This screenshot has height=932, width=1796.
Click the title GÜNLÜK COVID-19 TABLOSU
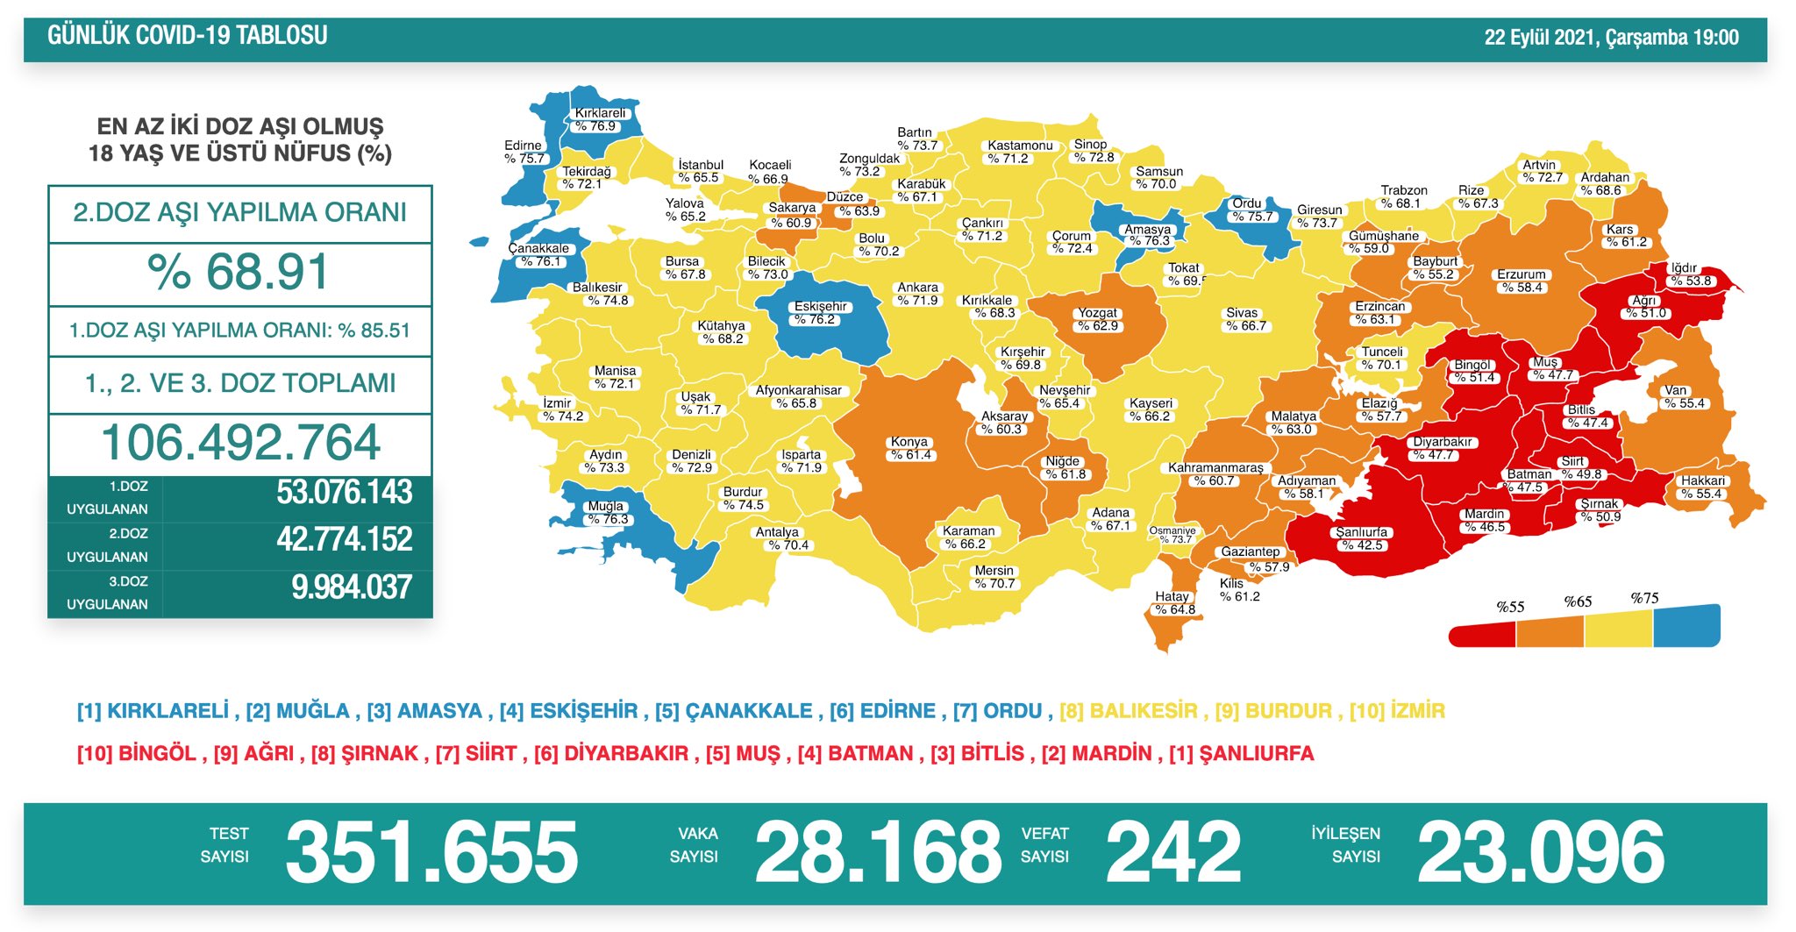pyautogui.click(x=187, y=36)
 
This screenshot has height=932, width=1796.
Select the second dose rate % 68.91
pyautogui.click(x=239, y=273)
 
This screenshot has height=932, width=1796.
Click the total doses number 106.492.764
pyautogui.click(x=240, y=443)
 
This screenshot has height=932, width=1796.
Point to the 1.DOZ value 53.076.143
pyautogui.click(x=344, y=493)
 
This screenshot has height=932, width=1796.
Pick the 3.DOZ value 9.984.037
pyautogui.click(x=351, y=587)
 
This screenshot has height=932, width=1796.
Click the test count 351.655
pyautogui.click(x=431, y=852)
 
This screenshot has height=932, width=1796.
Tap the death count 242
pyautogui.click(x=1172, y=852)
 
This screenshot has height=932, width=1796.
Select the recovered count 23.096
pyautogui.click(x=1540, y=852)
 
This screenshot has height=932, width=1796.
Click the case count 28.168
pyautogui.click(x=877, y=852)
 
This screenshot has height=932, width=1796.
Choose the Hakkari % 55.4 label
pyautogui.click(x=1702, y=487)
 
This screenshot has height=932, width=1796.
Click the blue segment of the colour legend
pyautogui.click(x=1686, y=626)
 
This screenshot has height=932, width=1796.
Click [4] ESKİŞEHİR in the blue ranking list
pyautogui.click(x=568, y=711)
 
